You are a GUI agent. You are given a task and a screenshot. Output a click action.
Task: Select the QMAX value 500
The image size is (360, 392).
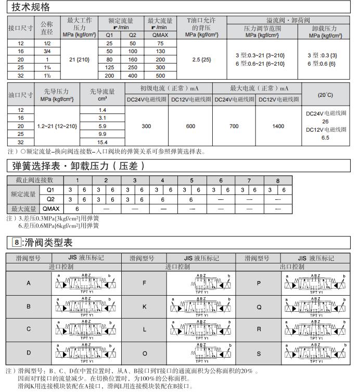click(x=160, y=75)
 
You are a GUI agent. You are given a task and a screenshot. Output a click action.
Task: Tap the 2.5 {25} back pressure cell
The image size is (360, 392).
click(x=201, y=59)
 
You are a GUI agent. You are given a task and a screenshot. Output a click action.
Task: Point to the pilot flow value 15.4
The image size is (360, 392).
click(x=102, y=142)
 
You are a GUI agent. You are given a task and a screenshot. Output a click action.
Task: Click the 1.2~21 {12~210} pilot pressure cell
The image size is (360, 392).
click(x=57, y=126)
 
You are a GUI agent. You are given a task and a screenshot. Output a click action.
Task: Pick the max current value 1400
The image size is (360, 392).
click(x=278, y=126)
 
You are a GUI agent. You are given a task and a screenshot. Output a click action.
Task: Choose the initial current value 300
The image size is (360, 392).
click(x=146, y=126)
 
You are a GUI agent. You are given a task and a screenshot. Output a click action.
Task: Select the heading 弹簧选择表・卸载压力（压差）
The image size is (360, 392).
click(x=78, y=166)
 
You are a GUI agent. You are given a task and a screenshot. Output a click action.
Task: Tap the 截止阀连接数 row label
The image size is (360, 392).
click(x=34, y=180)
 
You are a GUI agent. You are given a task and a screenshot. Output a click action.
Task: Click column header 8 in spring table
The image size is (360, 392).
click(x=277, y=181)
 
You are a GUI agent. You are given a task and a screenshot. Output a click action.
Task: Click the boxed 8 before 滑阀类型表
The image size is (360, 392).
click(x=18, y=242)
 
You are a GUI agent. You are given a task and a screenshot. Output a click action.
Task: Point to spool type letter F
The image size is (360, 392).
click(x=144, y=283)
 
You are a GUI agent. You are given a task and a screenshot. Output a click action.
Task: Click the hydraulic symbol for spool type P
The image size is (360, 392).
click(x=314, y=283)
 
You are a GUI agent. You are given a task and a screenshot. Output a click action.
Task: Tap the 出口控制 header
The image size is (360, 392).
click(x=291, y=267)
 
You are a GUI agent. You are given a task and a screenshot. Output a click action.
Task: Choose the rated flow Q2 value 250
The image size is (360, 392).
click(x=133, y=67)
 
